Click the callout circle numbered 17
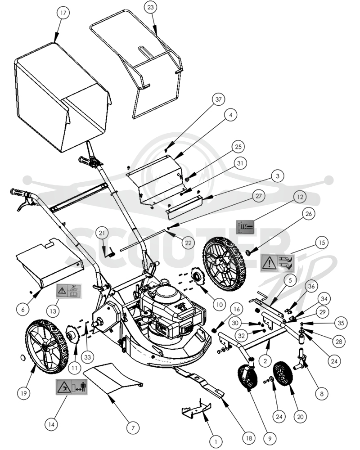click(63, 13)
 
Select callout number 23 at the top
click(151, 8)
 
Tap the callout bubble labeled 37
click(218, 99)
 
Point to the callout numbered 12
click(300, 197)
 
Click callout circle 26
click(309, 214)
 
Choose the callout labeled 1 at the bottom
click(216, 441)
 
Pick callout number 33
click(88, 357)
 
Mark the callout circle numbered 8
click(322, 394)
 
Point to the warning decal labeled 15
click(277, 263)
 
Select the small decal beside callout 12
click(245, 227)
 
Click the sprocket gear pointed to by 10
click(197, 277)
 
